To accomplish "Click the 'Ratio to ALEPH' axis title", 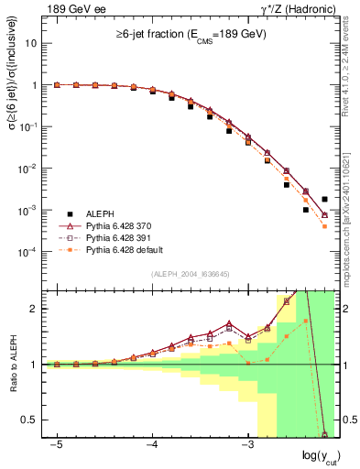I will click(x=12, y=365).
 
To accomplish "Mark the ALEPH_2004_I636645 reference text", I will click(x=190, y=274).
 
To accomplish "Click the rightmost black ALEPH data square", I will click(x=324, y=199).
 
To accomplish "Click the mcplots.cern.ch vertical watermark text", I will click(x=351, y=220).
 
